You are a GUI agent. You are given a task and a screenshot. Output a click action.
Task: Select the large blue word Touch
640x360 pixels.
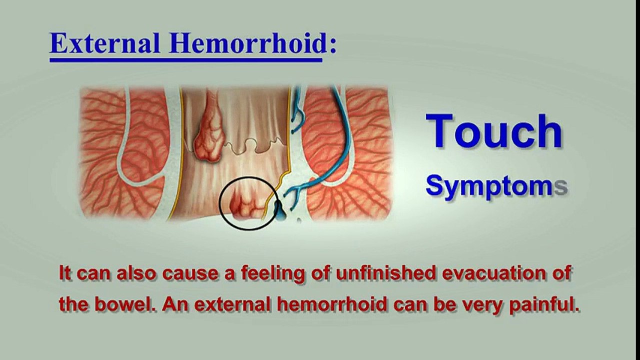coord(494,131)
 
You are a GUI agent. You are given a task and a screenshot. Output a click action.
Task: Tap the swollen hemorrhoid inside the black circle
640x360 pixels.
coord(246,204)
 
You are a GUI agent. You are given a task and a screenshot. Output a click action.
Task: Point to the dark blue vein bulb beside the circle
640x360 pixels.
coord(280,212)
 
